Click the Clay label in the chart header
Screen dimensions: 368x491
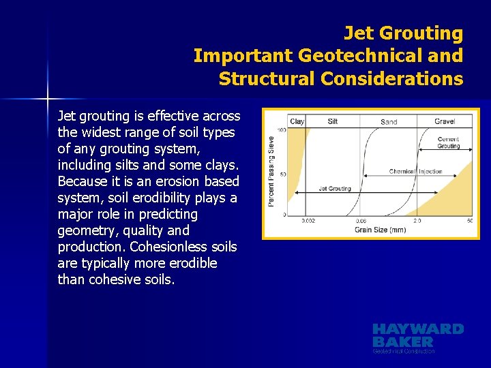297,121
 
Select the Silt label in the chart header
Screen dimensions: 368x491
333,121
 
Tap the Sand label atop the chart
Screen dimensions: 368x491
389,122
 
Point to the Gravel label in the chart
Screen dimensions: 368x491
445,121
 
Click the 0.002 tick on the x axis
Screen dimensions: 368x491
308,221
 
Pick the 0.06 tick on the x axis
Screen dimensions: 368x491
361,221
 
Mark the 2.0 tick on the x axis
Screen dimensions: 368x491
418,221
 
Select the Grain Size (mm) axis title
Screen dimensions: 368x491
380,230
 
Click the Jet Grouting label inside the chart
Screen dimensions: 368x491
335,189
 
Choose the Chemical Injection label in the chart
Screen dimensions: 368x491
415,171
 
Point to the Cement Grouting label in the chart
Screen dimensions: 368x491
448,142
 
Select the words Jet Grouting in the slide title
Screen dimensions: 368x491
403,33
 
